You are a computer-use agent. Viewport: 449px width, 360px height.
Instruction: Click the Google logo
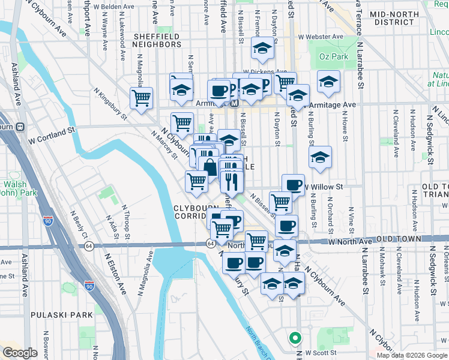point(20,353)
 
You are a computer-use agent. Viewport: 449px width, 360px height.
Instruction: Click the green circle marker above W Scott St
point(294,337)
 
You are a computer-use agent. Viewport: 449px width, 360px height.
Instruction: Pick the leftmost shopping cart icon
point(141,98)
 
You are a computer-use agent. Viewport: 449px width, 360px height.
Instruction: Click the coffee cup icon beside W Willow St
point(292,185)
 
